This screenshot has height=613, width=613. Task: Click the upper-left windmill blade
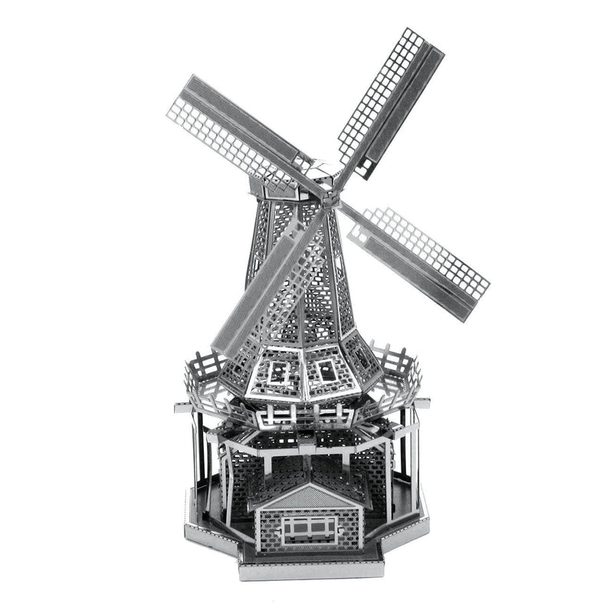(234, 126)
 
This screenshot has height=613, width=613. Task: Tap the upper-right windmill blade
(387, 103)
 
